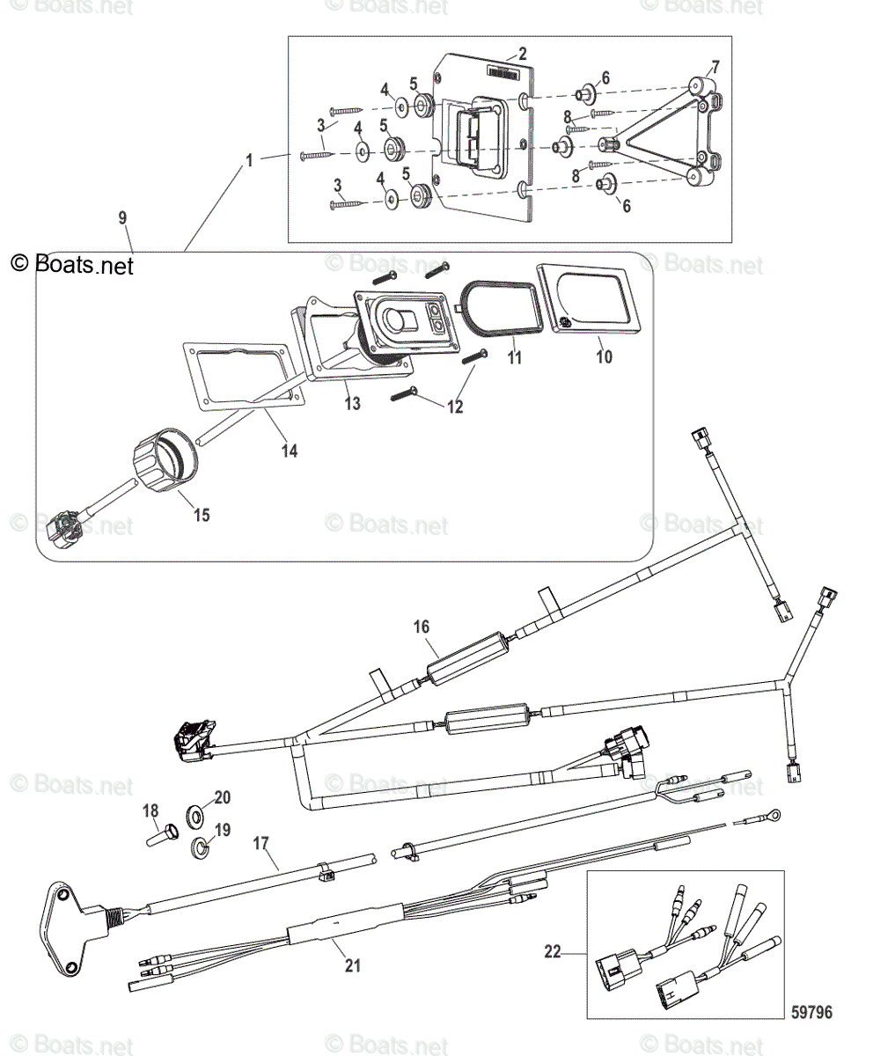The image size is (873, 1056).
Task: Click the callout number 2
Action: pos(522,53)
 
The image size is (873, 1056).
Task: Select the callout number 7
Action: pos(715,67)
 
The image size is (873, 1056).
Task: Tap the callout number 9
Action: pos(122,216)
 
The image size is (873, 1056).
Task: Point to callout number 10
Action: pos(603,357)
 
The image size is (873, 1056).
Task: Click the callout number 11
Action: pos(514,357)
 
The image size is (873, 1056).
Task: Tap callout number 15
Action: pos(202,515)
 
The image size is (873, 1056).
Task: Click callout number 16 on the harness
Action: pos(422,627)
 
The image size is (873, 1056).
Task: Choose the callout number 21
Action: pos(352,965)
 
